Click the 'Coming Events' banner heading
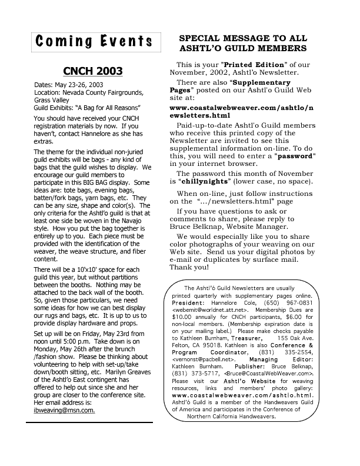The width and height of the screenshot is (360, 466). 94,42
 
